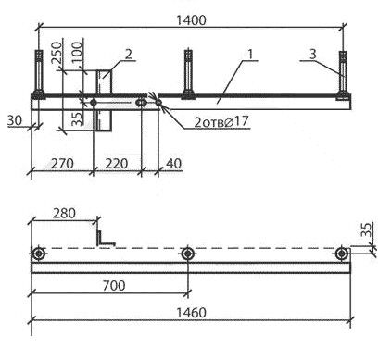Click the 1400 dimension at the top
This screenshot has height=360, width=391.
click(191, 20)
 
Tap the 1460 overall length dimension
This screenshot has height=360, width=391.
click(191, 313)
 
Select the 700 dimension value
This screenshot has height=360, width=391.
click(114, 286)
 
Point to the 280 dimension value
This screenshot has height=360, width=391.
click(64, 213)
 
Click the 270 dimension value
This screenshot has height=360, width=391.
click(62, 164)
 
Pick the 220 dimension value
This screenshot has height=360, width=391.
click(117, 164)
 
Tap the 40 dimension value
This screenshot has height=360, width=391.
click(174, 164)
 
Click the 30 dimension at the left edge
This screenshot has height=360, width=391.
click(15, 120)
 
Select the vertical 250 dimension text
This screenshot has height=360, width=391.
click(57, 53)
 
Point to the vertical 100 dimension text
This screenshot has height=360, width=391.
click(77, 52)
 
